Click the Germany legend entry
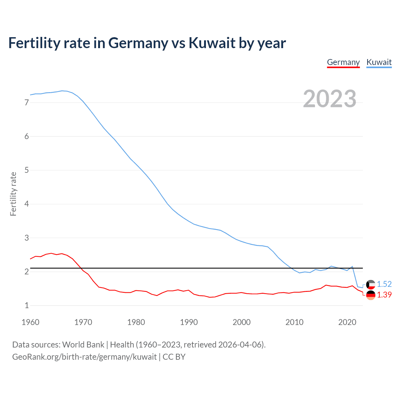click(343, 62)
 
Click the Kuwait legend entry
click(379, 62)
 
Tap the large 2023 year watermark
click(329, 99)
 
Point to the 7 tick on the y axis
click(27, 102)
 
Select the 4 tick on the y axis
click(27, 204)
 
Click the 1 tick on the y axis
click(27, 306)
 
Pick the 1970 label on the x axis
click(83, 322)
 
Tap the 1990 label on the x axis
click(189, 322)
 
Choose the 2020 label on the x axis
click(347, 322)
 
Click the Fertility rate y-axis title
click(13, 194)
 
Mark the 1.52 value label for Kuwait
click(384, 284)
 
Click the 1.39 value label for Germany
click(384, 295)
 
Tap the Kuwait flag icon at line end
click(371, 284)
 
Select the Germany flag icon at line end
click(371, 295)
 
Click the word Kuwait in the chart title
click(212, 43)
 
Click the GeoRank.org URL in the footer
click(84, 357)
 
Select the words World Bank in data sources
click(83, 345)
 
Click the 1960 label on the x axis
click(30, 322)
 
